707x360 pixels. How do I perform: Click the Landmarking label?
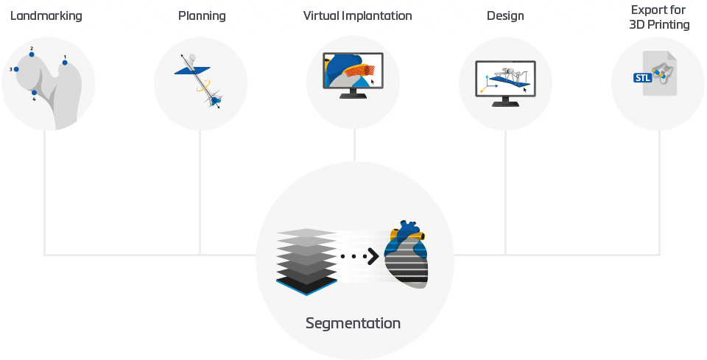[x=46, y=15]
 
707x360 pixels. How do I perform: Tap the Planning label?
[x=202, y=15]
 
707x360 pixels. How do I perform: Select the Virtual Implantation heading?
[x=357, y=15]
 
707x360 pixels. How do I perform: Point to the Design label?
[x=504, y=15]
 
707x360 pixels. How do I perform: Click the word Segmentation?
[x=353, y=323]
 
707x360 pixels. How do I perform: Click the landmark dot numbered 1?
[x=65, y=63]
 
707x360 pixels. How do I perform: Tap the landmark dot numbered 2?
[x=32, y=54]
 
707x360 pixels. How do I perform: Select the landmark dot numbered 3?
[x=16, y=69]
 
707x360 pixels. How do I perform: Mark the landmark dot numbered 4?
[x=34, y=93]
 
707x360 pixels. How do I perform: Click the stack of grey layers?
[x=307, y=261]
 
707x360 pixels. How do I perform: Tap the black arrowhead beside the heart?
[x=373, y=256]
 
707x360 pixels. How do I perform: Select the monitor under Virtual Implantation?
[x=353, y=74]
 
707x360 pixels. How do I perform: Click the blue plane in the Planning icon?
[x=189, y=71]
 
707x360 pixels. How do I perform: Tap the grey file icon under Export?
[x=659, y=73]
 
